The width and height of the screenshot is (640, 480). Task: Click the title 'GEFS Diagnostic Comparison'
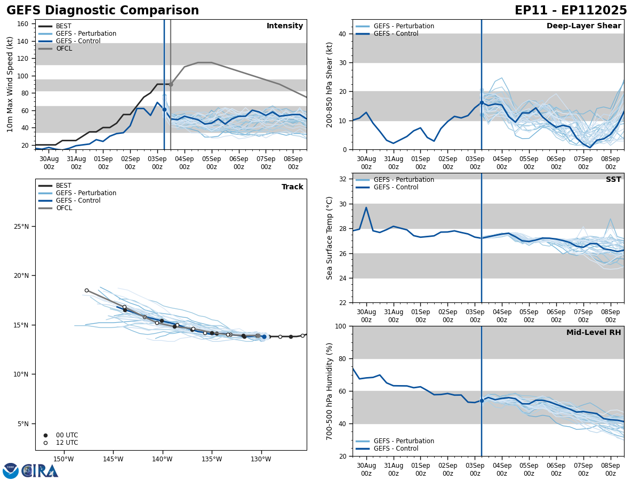tap(102, 11)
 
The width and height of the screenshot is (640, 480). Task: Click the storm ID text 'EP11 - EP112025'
tap(571, 11)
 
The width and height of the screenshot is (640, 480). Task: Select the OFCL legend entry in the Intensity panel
tap(64, 49)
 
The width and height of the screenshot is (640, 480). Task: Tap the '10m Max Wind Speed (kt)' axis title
tap(10, 84)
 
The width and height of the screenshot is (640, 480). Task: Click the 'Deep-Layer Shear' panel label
tap(583, 26)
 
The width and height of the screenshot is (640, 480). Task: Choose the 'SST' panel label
tap(613, 180)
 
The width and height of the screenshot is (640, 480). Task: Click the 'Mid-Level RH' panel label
tap(594, 333)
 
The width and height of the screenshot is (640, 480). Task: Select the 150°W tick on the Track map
tap(63, 459)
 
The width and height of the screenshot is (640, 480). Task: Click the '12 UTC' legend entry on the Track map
tap(67, 443)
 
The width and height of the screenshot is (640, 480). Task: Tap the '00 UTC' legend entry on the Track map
tap(67, 435)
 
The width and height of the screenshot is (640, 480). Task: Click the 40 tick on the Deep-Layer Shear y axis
tap(342, 34)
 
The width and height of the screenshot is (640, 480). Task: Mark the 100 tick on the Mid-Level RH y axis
tap(340, 326)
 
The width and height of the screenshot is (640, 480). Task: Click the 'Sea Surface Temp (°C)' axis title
tap(330, 238)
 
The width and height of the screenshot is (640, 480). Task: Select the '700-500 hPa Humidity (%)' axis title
tap(330, 391)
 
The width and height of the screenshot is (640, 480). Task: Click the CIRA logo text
tap(40, 470)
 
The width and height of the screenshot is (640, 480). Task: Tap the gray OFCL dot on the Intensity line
tap(171, 84)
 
